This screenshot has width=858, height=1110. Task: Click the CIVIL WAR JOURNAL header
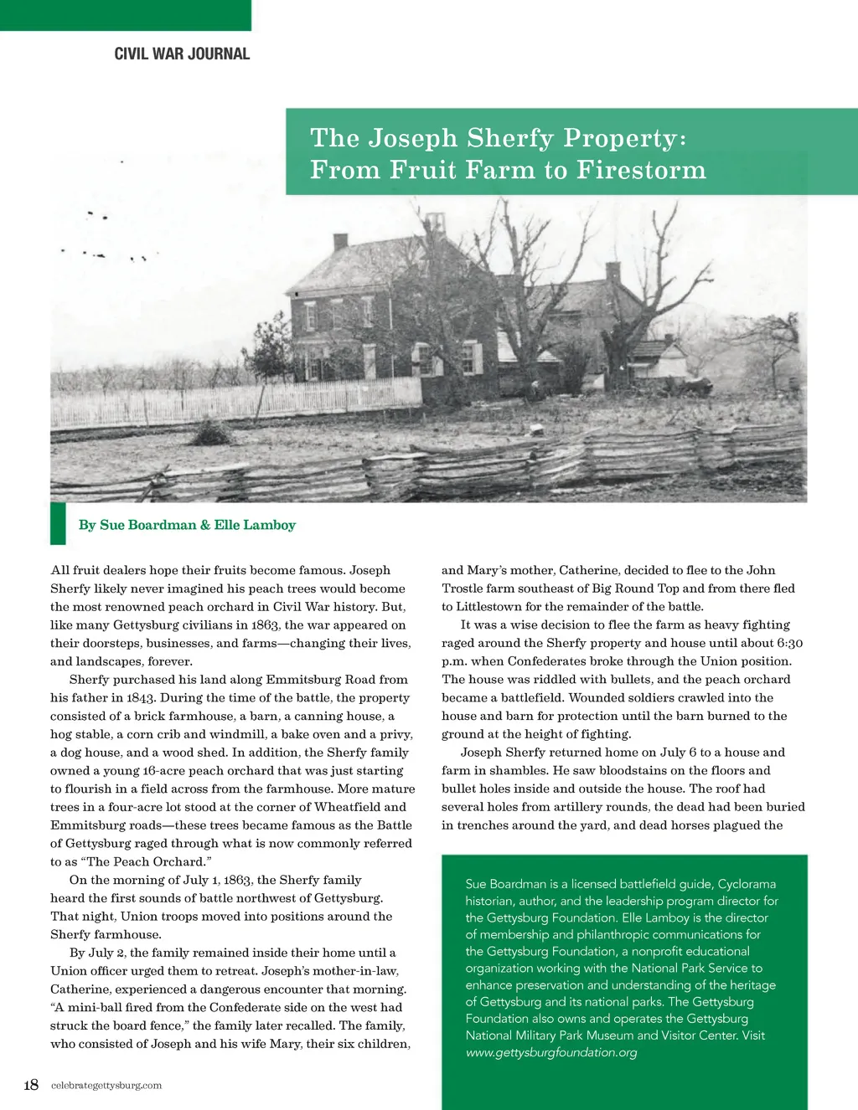[182, 54]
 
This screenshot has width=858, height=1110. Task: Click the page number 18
[31, 1085]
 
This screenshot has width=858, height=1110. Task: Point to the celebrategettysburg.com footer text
[106, 1086]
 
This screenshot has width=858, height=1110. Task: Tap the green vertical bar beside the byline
[58, 523]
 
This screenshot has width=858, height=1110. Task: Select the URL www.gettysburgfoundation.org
[551, 1052]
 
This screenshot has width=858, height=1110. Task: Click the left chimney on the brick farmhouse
[340, 242]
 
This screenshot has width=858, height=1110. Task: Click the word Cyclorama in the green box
[747, 884]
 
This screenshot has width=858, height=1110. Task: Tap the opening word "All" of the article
[60, 570]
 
